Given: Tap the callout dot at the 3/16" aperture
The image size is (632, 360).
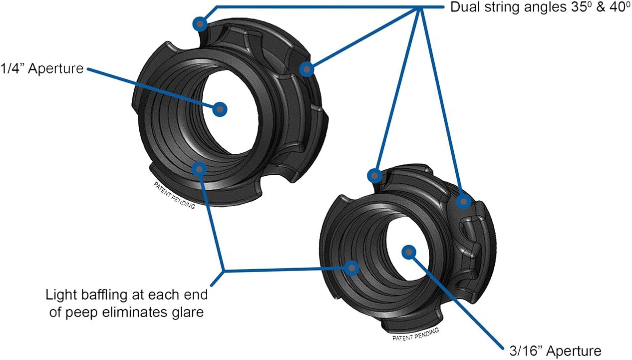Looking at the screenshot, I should [409, 252].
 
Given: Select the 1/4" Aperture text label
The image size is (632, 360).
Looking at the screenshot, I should [41, 68].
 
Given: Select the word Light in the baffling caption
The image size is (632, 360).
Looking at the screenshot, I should [58, 294].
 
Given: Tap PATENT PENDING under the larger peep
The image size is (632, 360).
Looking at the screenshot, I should [174, 195].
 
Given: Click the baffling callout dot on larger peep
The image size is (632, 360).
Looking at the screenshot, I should [199, 169].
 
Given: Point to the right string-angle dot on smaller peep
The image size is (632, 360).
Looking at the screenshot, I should [464, 202].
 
